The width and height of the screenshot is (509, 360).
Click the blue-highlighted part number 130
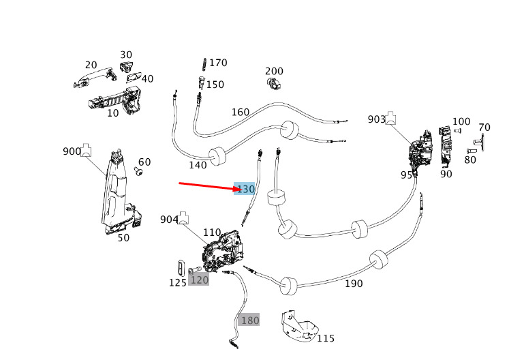pyautogui.click(x=245, y=189)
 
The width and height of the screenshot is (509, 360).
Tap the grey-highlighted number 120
pyautogui.click(x=199, y=280)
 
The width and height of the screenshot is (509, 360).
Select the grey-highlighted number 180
pyautogui.click(x=249, y=320)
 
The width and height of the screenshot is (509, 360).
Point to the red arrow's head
pyautogui.click(x=241, y=189)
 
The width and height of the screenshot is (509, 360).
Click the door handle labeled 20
pyautogui.click(x=95, y=76)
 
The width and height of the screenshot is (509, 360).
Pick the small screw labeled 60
pyautogui.click(x=138, y=170)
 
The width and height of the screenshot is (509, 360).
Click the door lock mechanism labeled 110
pyautogui.click(x=223, y=251)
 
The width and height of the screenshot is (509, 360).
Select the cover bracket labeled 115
pyautogui.click(x=298, y=327)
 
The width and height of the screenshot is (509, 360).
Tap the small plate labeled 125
pyautogui.click(x=181, y=268)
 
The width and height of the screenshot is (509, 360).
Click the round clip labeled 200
pyautogui.click(x=275, y=83)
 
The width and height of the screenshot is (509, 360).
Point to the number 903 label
pyautogui.click(x=377, y=119)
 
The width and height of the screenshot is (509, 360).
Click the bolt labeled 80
pyautogui.click(x=472, y=151)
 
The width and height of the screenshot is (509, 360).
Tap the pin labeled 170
pyautogui.click(x=204, y=64)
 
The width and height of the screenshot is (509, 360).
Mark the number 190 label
pyautogui.click(x=354, y=284)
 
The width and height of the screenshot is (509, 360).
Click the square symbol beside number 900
pyautogui.click(x=86, y=150)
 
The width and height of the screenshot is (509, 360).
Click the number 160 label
pyautogui.click(x=241, y=112)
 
